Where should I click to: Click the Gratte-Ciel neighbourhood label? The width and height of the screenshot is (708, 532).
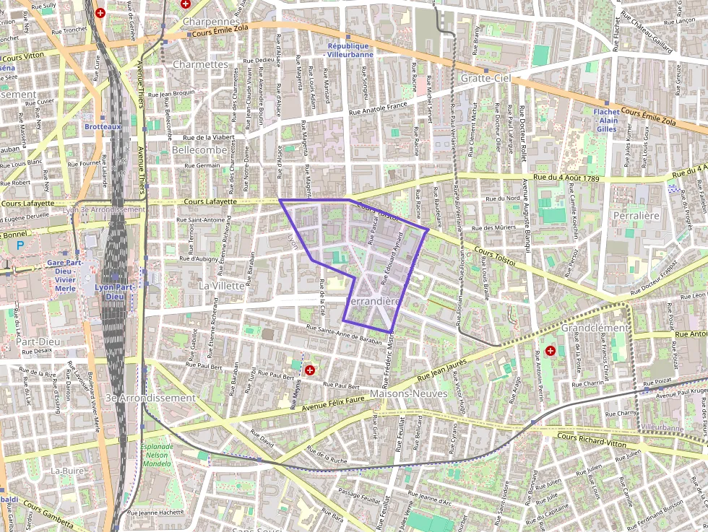pyautogui.click(x=485, y=78)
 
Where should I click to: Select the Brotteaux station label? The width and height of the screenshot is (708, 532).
pyautogui.click(x=102, y=126)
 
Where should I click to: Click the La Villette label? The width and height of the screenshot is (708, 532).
pyautogui.click(x=221, y=286)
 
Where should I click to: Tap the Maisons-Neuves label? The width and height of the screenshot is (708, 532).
pyautogui.click(x=400, y=394)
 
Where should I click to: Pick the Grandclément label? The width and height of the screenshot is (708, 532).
pyautogui.click(x=595, y=328)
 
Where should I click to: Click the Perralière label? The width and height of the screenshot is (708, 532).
pyautogui.click(x=636, y=215)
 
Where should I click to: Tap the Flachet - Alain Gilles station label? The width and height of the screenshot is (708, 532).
pyautogui.click(x=606, y=120)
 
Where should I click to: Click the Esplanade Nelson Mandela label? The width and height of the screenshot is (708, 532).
pyautogui.click(x=157, y=455)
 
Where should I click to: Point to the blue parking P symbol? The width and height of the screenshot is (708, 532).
pyautogui.click(x=20, y=245)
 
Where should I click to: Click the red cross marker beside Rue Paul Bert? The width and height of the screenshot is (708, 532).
pyautogui.click(x=310, y=370)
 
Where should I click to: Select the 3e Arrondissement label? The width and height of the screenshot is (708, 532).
pyautogui.click(x=150, y=398)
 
